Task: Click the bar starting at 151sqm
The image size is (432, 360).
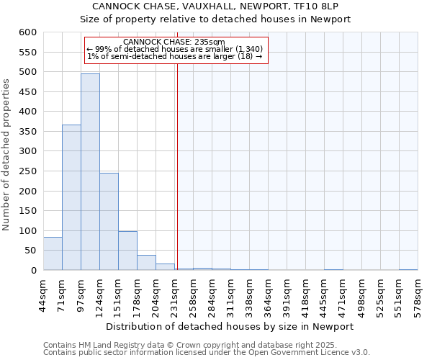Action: click(127, 251)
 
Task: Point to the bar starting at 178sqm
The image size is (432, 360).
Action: click(146, 263)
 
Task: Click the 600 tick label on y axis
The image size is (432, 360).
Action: click(27, 32)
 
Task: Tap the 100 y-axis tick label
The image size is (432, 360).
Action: click(27, 231)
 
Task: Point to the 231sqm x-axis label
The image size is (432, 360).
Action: click(174, 293)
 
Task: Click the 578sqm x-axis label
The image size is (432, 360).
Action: click(418, 293)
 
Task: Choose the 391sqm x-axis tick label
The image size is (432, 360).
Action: click(287, 293)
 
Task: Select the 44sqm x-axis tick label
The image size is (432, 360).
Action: click(43, 293)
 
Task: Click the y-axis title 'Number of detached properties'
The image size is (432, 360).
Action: click(6, 156)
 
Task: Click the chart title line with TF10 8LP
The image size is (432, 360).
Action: click(220, 6)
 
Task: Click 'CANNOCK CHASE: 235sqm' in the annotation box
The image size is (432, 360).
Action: click(174, 42)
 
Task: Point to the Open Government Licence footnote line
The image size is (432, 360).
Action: click(207, 353)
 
